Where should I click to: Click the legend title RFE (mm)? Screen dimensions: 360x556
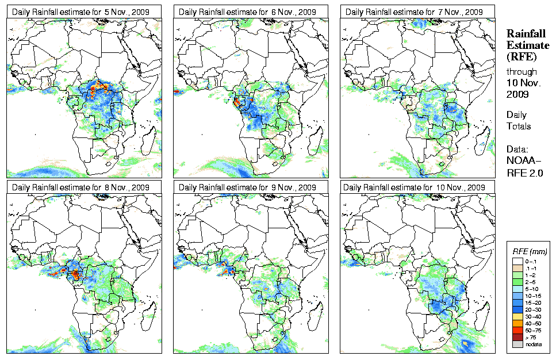coord(530,251)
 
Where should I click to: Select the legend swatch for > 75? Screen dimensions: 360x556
coord(518,336)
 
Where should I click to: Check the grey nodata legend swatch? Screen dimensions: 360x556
coord(518,344)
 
